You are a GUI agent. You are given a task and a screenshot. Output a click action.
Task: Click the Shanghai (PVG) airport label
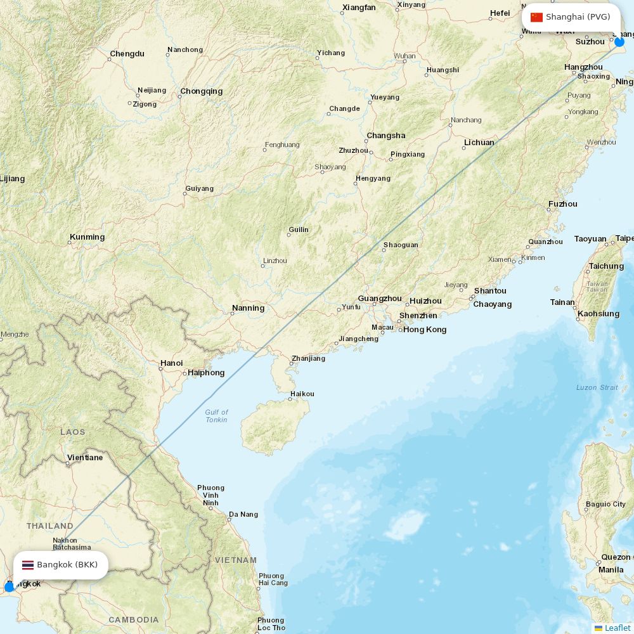(x=578, y=17)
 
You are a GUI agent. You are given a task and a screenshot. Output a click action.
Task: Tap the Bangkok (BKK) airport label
(x=67, y=564)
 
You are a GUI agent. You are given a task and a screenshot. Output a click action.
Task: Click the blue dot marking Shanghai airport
(x=619, y=42)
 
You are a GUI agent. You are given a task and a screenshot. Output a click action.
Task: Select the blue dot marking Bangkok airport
(x=9, y=587)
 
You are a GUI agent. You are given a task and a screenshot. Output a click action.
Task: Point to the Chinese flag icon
(x=536, y=17)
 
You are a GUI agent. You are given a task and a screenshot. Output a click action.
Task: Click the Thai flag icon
(x=28, y=565)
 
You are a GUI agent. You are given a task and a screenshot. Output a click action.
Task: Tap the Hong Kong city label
(x=425, y=330)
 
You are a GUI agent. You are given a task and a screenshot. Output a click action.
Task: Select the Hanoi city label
(x=171, y=363)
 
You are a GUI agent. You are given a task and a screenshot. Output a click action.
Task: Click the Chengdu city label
(x=127, y=54)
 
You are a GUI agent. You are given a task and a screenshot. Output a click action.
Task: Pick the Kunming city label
(x=87, y=237)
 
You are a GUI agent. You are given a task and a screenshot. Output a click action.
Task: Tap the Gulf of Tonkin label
(x=216, y=416)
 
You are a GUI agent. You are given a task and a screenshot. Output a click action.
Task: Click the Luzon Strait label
(x=597, y=387)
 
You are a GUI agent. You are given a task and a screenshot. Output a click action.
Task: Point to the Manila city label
(x=611, y=569)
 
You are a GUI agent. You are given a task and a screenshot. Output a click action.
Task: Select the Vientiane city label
(x=85, y=457)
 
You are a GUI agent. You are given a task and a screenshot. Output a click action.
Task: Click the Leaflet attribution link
(x=617, y=628)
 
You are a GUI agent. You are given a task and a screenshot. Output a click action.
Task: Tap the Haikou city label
(x=302, y=394)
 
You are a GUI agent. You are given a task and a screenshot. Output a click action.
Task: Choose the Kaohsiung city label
(x=598, y=314)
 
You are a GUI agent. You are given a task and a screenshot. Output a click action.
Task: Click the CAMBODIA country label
(x=134, y=619)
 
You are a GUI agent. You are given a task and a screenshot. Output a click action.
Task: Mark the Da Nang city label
(x=243, y=514)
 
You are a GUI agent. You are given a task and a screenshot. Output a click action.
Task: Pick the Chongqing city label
(x=201, y=91)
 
